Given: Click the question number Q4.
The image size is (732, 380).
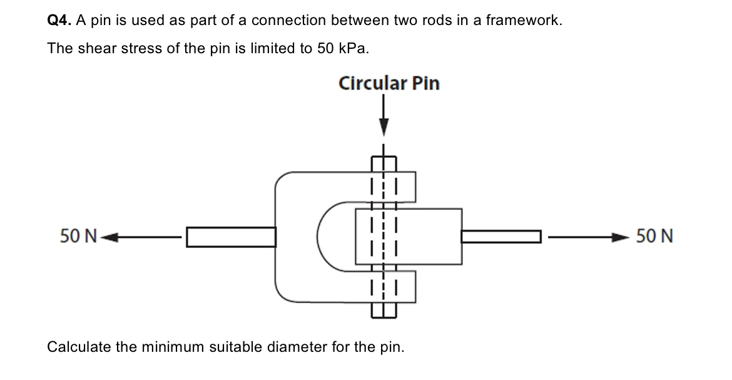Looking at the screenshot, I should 61,21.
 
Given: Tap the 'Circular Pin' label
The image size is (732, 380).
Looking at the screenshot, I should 389,83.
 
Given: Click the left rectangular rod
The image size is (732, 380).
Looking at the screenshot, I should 231,237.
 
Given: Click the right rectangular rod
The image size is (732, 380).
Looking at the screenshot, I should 501,237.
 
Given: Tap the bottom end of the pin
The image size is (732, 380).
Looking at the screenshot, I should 383,311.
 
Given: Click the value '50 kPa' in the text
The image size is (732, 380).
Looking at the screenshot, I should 342,49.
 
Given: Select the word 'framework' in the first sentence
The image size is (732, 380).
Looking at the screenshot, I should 530,21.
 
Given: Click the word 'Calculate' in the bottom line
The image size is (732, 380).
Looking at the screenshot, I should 78,346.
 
